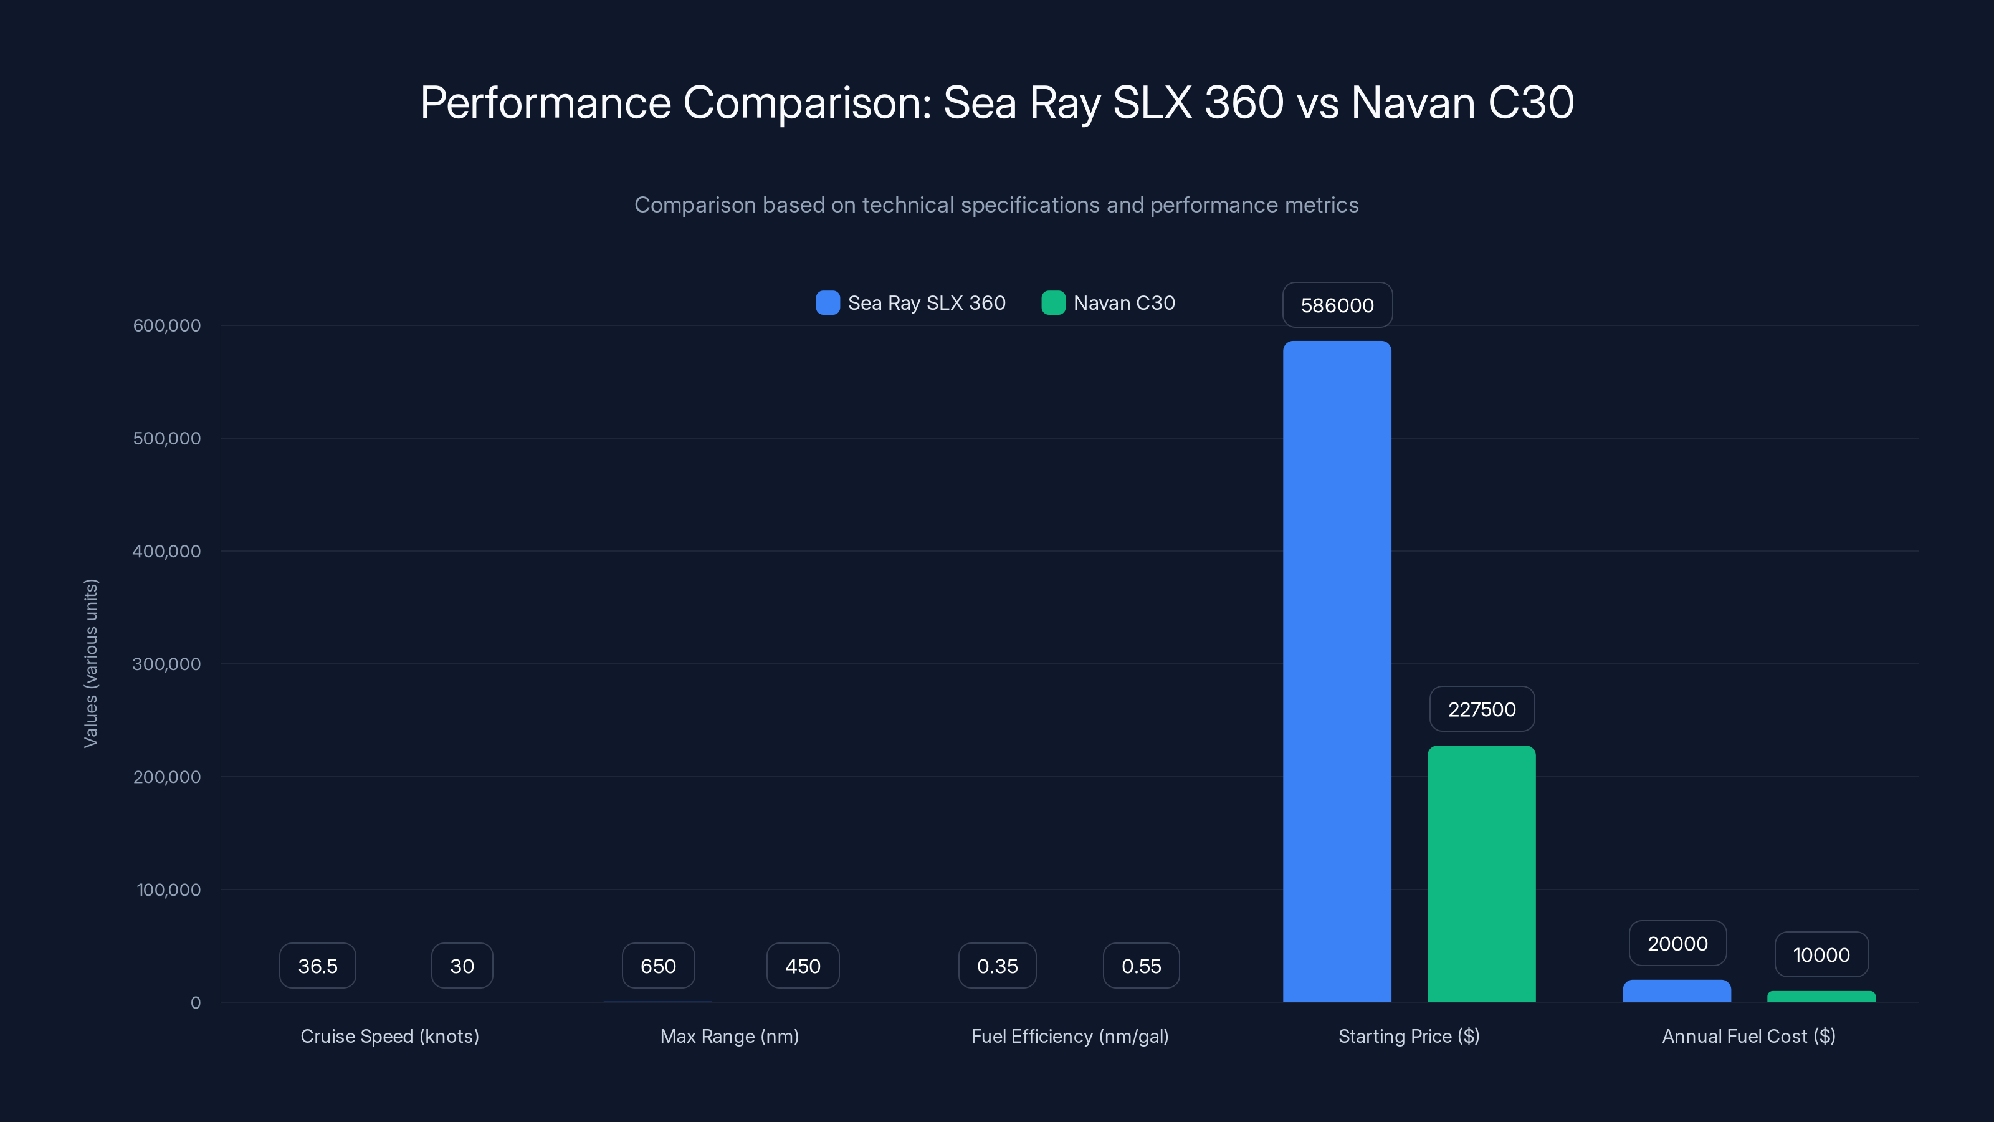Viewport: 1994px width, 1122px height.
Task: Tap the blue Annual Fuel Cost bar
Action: pyautogui.click(x=1677, y=991)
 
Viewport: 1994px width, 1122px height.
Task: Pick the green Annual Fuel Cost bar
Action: pyautogui.click(x=1821, y=997)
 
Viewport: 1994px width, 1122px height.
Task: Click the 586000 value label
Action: pyautogui.click(x=1337, y=305)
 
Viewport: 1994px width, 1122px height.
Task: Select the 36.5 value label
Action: pyautogui.click(x=317, y=966)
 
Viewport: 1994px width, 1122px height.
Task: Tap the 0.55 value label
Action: pyautogui.click(x=1141, y=966)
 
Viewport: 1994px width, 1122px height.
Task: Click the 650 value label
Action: pyautogui.click(x=658, y=966)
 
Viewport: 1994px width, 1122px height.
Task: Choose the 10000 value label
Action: pyautogui.click(x=1821, y=955)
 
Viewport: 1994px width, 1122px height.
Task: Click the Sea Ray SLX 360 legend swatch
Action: pyautogui.click(x=828, y=303)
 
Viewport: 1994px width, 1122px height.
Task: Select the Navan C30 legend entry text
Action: pyautogui.click(x=1124, y=303)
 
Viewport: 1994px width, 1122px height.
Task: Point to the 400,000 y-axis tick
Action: pyautogui.click(x=166, y=551)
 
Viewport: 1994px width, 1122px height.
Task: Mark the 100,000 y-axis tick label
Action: pyautogui.click(x=168, y=889)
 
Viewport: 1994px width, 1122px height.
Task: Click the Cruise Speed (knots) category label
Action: pyautogui.click(x=389, y=1036)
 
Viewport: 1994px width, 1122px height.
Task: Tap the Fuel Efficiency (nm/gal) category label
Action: pyautogui.click(x=1070, y=1036)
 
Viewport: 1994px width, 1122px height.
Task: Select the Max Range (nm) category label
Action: pyautogui.click(x=729, y=1036)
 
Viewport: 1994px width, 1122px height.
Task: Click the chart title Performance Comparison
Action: pyautogui.click(x=996, y=102)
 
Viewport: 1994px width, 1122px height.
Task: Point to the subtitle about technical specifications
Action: pyautogui.click(x=996, y=204)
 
